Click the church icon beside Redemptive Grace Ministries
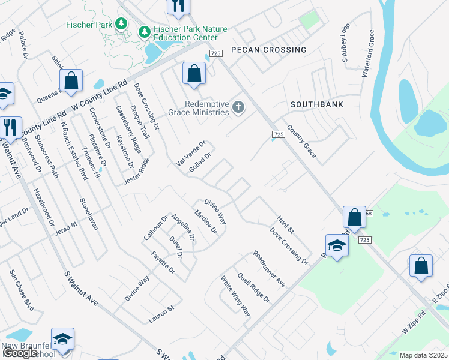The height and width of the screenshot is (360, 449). coord(238,108)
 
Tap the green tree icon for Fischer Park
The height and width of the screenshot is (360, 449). coord(122,23)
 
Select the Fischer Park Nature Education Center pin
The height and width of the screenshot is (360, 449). coord(144,31)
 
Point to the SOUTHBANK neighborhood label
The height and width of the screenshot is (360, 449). coord(317,104)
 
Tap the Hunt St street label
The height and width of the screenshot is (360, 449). coord(285,226)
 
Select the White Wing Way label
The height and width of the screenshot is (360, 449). coord(235,296)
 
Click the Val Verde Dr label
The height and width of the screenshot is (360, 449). coord(191,152)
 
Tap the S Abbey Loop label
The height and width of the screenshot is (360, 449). coord(345,44)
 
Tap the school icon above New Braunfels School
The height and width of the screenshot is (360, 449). coord(62,339)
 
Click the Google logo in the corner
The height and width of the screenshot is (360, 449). coord(20,353)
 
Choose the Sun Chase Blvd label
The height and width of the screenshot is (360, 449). coord(21,289)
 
